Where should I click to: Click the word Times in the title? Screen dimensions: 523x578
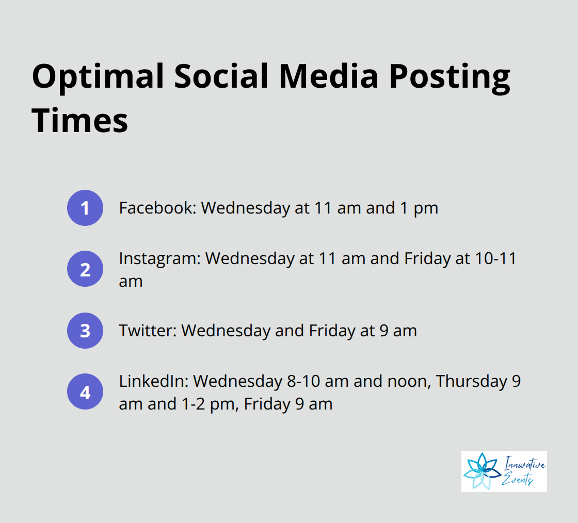click(79, 121)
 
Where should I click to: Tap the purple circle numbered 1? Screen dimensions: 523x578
click(85, 208)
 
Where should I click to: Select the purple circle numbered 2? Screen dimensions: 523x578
click(85, 269)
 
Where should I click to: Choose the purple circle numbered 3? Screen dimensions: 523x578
click(85, 331)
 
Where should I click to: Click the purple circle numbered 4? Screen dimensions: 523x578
click(85, 392)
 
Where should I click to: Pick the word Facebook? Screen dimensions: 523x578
click(156, 208)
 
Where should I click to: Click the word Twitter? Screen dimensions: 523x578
click(148, 331)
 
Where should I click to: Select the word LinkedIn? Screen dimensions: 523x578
click(154, 382)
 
